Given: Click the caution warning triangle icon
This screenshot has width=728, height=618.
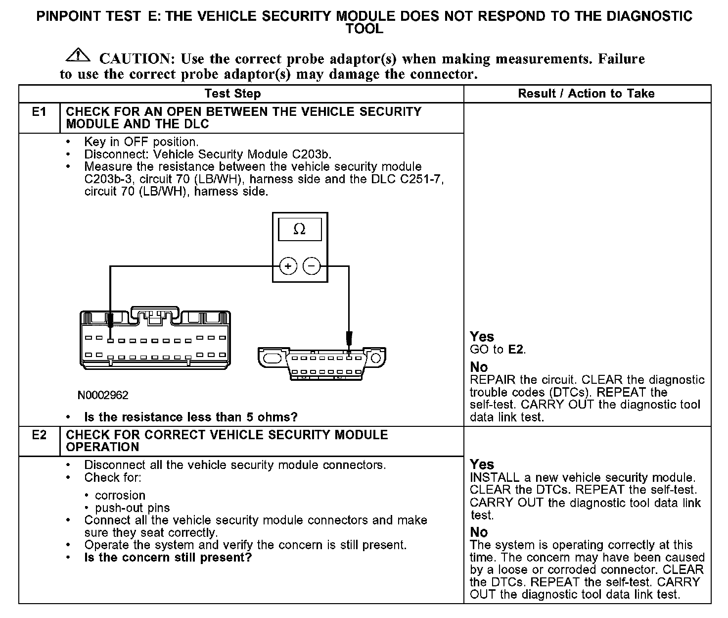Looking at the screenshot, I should point(78,56).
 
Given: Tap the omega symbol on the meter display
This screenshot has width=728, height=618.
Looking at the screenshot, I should point(299,229).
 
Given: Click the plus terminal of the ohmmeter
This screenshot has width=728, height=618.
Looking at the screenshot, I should point(288,266).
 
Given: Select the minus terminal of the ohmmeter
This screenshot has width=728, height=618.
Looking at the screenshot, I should point(312,266).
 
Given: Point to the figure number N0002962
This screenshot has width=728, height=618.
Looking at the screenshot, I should point(103,395).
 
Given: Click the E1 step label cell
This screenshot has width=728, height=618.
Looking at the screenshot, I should point(39,112).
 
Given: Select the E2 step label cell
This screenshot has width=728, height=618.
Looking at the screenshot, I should point(39,435).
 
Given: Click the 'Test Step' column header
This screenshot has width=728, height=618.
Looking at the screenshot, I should point(232,94).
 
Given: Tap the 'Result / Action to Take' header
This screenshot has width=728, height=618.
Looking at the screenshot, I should point(586,94).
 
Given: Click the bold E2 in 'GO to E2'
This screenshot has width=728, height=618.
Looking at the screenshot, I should point(515,350).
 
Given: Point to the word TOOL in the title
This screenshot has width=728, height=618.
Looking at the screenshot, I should point(364,29).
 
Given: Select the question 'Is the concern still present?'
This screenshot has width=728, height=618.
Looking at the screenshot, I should point(168,558).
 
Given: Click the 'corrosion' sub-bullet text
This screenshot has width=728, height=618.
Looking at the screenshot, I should point(120,496).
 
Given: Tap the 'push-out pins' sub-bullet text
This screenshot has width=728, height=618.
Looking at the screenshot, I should point(133,508).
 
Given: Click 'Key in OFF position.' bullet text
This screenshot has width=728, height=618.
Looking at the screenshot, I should point(141,142).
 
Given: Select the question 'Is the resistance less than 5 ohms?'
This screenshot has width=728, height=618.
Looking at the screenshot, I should point(191,417).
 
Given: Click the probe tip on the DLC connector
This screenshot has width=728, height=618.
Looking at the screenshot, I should point(349,342).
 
